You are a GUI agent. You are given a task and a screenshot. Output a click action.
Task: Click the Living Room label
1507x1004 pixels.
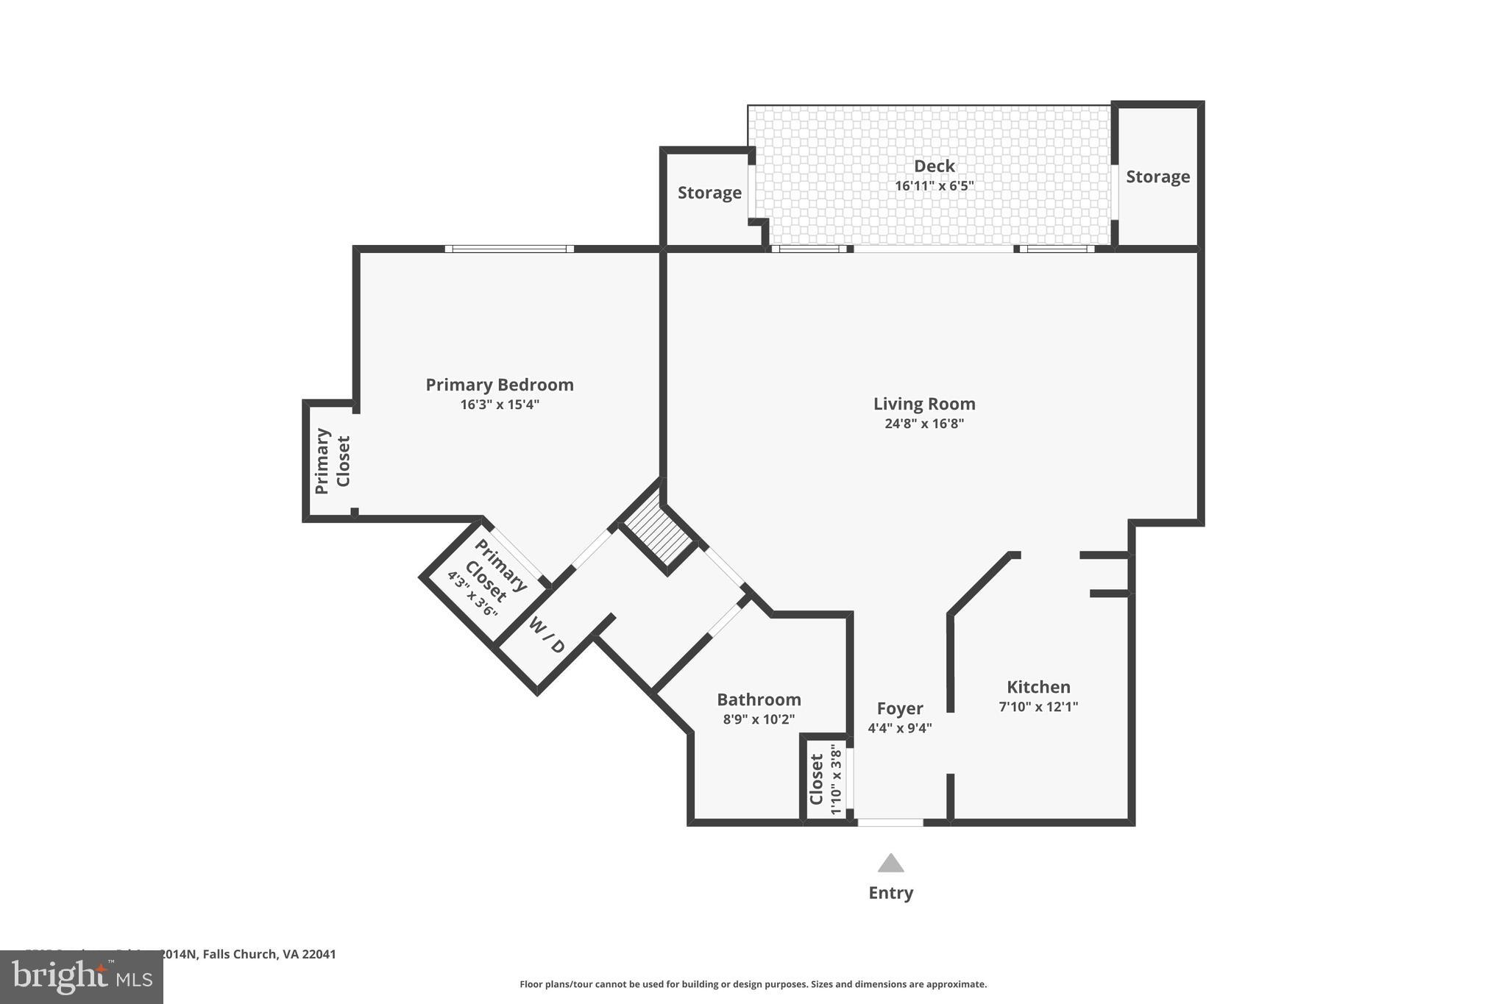[924, 404]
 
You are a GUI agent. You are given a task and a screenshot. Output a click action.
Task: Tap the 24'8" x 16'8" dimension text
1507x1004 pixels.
[924, 424]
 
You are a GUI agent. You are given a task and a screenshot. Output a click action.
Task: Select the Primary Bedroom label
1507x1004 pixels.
[500, 385]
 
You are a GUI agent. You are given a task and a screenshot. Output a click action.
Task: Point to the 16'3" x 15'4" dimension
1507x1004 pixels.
[500, 405]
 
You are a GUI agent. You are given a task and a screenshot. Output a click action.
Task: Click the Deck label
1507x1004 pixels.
[934, 166]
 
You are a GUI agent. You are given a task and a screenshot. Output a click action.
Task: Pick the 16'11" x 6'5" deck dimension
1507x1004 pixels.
[934, 186]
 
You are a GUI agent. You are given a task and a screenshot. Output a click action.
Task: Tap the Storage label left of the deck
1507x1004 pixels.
[709, 193]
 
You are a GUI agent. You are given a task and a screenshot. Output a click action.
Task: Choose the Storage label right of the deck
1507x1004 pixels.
[1157, 177]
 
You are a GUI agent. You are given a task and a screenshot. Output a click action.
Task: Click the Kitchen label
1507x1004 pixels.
[1038, 687]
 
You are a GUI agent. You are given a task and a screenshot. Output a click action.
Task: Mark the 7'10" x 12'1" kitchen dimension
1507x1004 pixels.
[1038, 707]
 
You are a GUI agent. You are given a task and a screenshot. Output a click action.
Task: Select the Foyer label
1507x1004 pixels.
[899, 708]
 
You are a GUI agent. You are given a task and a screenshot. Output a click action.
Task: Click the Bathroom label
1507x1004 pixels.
[759, 699]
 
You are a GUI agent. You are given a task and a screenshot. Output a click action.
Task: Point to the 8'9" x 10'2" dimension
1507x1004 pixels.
[759, 719]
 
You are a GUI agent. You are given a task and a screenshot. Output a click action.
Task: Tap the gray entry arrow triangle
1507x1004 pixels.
[890, 864]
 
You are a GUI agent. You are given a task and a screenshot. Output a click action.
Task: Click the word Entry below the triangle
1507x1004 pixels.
[890, 893]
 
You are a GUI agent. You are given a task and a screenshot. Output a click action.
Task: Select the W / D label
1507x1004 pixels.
[547, 636]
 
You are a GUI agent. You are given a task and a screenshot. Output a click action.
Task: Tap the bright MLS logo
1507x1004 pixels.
[81, 978]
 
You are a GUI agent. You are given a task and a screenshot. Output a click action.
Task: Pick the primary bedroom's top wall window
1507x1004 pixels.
[509, 249]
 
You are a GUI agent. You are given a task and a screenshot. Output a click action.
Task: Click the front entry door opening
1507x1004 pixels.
[890, 822]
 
